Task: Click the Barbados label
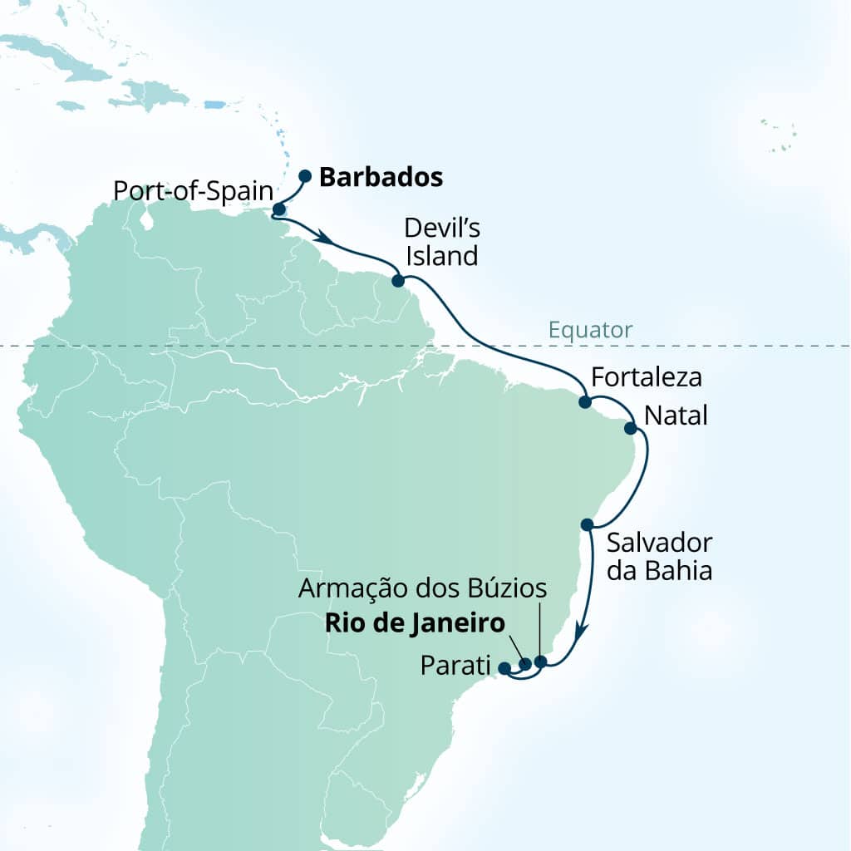pyautogui.click(x=381, y=177)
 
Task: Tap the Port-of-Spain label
pyautogui.click(x=193, y=192)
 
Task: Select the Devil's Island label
pyautogui.click(x=440, y=242)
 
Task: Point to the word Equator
pyautogui.click(x=590, y=330)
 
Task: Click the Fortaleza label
pyautogui.click(x=647, y=377)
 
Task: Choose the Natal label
pyautogui.click(x=676, y=416)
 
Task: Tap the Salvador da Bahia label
pyautogui.click(x=659, y=558)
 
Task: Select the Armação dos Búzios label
pyautogui.click(x=423, y=589)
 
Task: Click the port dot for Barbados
pyautogui.click(x=305, y=175)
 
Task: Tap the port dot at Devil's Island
pyautogui.click(x=398, y=281)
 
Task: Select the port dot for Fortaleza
pyautogui.click(x=585, y=402)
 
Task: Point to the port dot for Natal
pyautogui.click(x=630, y=429)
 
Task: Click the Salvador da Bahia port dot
pyautogui.click(x=588, y=524)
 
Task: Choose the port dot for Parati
pyautogui.click(x=504, y=667)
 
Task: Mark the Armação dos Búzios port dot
pyautogui.click(x=541, y=662)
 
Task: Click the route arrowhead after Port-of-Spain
pyautogui.click(x=326, y=239)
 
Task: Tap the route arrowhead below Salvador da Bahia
pyautogui.click(x=582, y=632)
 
